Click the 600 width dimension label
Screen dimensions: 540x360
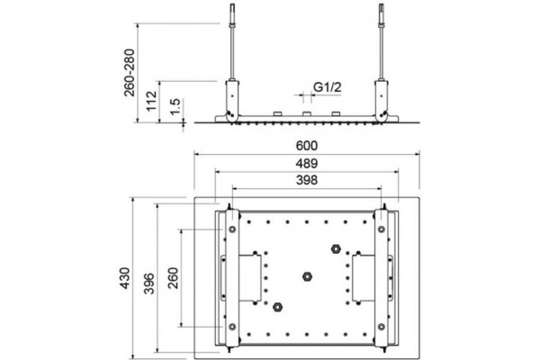[307, 146]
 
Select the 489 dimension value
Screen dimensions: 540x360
[307, 163]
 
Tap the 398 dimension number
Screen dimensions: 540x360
[307, 180]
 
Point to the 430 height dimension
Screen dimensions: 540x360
[124, 278]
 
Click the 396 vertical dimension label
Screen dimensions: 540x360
[149, 283]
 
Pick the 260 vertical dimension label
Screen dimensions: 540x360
[173, 278]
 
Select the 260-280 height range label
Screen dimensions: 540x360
[130, 73]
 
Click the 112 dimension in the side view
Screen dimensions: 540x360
[152, 101]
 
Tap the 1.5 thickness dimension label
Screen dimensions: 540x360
[175, 107]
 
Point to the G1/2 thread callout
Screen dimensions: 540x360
[328, 86]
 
